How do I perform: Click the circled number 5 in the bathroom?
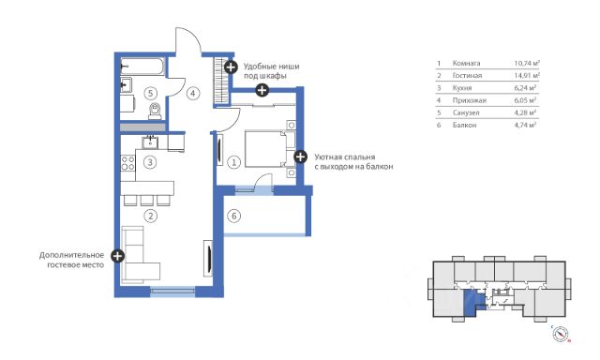150,93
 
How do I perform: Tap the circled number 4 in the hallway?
193,93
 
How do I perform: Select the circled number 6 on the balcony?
234,216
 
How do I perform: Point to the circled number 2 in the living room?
150,217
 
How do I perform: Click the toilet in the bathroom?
155,112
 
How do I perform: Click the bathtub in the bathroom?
142,67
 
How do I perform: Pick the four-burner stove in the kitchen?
127,163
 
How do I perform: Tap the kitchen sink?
150,142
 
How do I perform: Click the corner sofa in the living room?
139,255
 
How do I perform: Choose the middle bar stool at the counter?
146,201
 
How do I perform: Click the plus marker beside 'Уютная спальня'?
300,157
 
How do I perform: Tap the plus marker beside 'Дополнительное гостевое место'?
117,256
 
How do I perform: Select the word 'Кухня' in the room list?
462,88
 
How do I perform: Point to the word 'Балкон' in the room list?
464,125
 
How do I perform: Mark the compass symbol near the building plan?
561,334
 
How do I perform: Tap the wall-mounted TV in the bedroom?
219,150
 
